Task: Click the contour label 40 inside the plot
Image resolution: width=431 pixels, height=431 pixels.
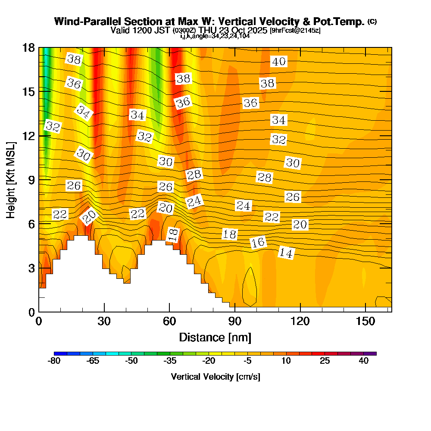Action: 279,62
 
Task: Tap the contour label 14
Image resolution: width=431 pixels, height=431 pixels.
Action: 286,253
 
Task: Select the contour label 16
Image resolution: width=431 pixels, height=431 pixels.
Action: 258,243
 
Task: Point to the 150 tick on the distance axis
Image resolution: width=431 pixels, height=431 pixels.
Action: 365,321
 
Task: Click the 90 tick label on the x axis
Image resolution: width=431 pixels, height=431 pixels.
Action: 234,321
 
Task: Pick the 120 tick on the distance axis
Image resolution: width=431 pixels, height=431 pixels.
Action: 300,321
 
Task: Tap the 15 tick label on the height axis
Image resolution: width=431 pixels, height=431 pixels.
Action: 28,91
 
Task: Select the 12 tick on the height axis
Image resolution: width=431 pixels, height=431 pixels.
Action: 28,136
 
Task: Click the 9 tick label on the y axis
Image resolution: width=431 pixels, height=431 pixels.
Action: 31,180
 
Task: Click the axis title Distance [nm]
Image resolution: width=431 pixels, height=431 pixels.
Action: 215,337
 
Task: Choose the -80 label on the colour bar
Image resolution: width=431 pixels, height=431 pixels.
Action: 53,361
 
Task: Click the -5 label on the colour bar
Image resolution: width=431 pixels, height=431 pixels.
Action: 247,361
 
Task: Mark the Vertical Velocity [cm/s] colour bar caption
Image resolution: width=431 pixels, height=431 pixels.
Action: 215,377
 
